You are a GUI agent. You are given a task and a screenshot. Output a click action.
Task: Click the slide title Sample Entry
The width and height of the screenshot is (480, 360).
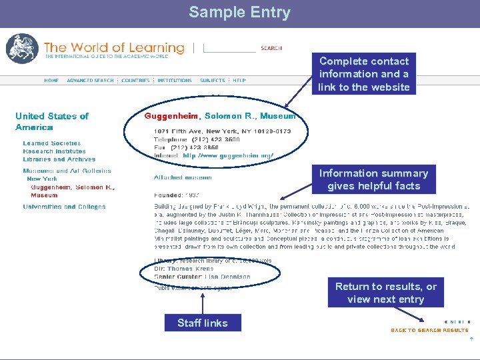pos(239,13)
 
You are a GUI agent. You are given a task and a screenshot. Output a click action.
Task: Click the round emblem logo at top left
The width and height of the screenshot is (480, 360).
pos(22,49)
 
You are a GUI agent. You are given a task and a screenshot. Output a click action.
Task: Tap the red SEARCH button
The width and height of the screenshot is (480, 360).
pos(271,48)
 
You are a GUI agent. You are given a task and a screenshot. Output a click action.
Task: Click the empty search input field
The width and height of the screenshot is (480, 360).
pos(229,48)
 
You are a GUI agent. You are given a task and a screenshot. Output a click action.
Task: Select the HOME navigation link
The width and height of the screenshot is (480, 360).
pos(51,81)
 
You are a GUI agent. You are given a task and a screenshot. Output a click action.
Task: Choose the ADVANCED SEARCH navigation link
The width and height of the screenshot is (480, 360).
pos(90,81)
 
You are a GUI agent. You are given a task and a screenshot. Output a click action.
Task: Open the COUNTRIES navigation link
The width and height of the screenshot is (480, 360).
pos(136,81)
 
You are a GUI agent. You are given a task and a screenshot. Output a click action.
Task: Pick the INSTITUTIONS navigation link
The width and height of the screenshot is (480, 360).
pos(175,81)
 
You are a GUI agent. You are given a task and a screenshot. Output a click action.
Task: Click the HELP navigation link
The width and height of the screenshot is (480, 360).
pos(239,81)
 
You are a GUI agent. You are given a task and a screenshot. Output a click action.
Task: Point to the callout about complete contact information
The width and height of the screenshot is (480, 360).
pos(364,74)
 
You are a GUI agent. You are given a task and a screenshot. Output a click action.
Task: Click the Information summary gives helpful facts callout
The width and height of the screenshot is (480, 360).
pos(373,179)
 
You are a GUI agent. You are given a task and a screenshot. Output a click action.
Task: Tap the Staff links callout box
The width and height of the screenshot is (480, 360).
pos(203,323)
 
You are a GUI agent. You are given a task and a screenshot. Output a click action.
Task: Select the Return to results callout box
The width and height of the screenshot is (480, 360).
pos(385,293)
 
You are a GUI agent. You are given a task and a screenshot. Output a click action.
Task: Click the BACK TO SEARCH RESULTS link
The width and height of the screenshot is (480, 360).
pos(429,330)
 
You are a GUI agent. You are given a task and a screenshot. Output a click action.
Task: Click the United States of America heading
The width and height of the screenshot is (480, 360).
pos(52,121)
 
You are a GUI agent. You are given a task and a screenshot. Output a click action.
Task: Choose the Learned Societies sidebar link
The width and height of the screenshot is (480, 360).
pos(52,143)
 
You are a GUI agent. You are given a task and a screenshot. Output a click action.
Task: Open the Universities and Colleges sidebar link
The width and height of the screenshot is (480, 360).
pos(64,207)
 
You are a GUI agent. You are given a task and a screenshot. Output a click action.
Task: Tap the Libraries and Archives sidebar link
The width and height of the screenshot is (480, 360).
pos(59,159)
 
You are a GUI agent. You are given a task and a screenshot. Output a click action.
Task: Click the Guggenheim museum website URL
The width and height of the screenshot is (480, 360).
pos(228,155)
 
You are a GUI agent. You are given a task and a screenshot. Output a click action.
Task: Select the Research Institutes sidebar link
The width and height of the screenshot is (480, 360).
pos(55,151)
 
